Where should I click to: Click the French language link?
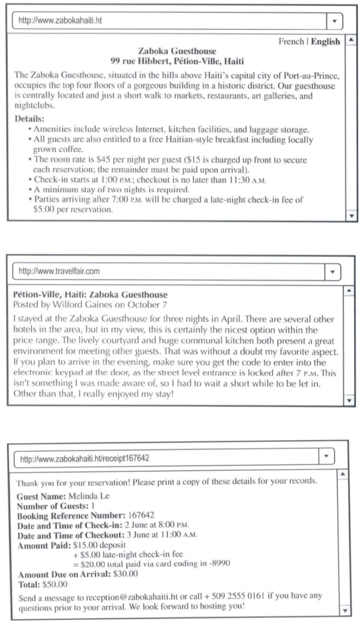(x=291, y=41)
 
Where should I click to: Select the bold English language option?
(x=325, y=41)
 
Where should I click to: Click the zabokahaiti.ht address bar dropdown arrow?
(x=334, y=21)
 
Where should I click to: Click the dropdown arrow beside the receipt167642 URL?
(x=326, y=456)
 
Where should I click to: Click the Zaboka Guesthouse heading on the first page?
(x=177, y=51)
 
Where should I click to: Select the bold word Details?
(x=29, y=119)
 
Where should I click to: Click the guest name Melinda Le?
(x=89, y=496)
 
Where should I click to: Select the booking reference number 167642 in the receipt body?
(x=141, y=516)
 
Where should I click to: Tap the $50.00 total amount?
(x=55, y=585)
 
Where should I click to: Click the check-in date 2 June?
(x=136, y=525)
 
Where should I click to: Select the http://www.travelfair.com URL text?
(x=59, y=271)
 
